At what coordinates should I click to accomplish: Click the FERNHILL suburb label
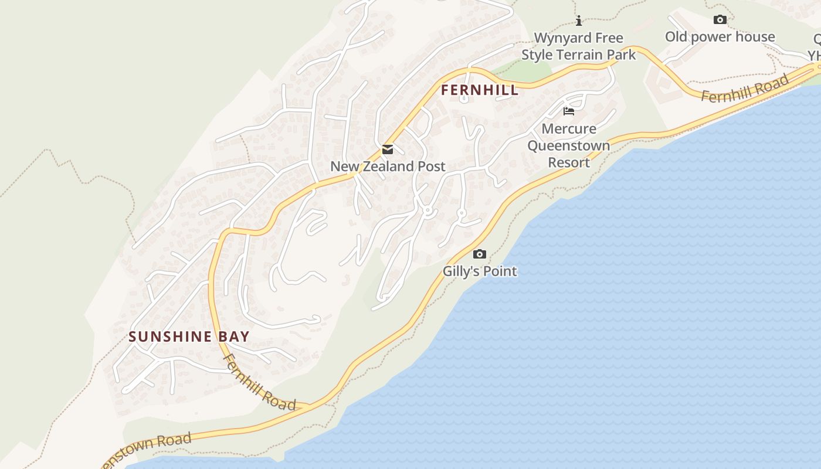click(x=480, y=90)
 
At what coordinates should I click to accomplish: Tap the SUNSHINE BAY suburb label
click(x=189, y=337)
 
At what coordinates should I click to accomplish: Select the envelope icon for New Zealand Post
click(x=388, y=149)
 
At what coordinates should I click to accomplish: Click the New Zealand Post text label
click(x=388, y=166)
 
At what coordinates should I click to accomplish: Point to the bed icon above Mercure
click(x=568, y=111)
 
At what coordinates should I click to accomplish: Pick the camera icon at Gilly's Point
click(x=480, y=254)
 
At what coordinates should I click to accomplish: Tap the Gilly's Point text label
click(x=480, y=271)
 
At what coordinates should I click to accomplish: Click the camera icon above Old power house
click(x=720, y=20)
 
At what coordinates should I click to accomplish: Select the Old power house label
click(x=720, y=37)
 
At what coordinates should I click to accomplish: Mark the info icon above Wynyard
click(x=579, y=21)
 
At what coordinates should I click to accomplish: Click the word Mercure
click(x=569, y=129)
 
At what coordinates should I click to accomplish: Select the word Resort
click(x=569, y=162)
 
